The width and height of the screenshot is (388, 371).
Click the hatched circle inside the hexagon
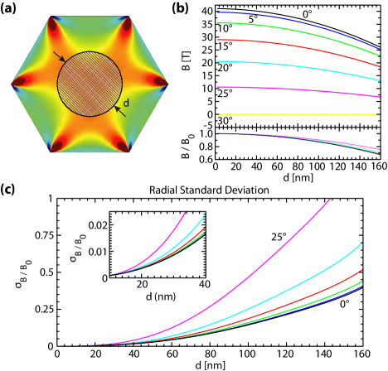click(x=90, y=84)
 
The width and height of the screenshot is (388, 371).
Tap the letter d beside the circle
click(x=126, y=104)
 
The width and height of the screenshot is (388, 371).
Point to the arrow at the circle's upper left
click(x=59, y=56)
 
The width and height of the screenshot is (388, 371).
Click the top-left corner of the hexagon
click(x=51, y=17)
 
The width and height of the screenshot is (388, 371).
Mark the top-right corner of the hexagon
click(x=129, y=17)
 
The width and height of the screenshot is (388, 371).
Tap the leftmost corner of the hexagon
click(x=12, y=84)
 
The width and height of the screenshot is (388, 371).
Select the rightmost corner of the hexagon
click(x=167, y=84)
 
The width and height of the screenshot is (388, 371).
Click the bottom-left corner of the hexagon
click(x=51, y=152)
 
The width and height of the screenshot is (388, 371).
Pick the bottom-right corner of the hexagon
click(x=129, y=152)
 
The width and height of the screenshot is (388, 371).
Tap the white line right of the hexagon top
click(x=136, y=15)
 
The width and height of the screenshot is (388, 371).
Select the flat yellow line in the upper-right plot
click(x=298, y=115)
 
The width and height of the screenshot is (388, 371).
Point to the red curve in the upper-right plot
click(x=298, y=46)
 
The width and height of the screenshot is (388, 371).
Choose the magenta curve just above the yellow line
click(x=298, y=89)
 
